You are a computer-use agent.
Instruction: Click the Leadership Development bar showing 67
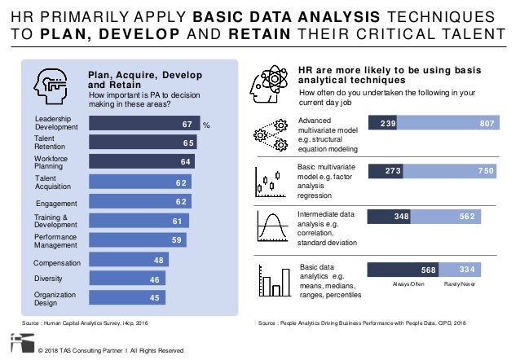tap(143, 125)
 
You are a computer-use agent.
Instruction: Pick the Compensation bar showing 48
tap(128, 261)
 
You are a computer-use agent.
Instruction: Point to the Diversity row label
tap(49, 279)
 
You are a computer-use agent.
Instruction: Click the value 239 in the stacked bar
tap(382, 125)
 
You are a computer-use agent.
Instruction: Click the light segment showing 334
tap(461, 270)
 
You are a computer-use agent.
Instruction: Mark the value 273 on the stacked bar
tap(386, 171)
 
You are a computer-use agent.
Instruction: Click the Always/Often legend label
tap(408, 285)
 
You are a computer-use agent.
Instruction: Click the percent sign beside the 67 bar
tap(206, 125)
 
